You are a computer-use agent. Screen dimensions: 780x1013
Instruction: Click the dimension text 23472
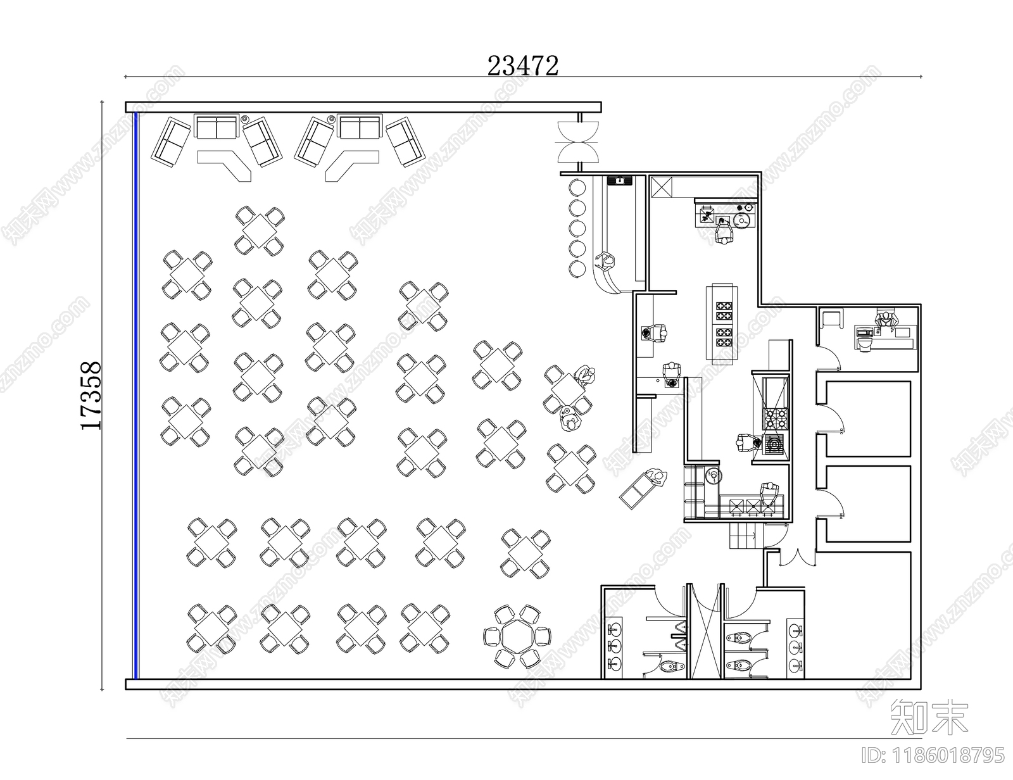(x=522, y=65)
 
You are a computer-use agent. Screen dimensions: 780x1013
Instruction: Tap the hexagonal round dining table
(x=517, y=636)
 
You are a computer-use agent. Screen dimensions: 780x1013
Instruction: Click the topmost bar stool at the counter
(x=577, y=188)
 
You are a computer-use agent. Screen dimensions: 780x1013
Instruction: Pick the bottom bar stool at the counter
(x=577, y=268)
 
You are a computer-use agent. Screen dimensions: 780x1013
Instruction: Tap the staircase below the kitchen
(x=745, y=538)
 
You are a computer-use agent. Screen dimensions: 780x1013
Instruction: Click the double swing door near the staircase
(x=797, y=557)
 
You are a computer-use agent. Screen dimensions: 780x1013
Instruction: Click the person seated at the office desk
(x=885, y=320)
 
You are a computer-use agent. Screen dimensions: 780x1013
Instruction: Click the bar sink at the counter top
(x=619, y=180)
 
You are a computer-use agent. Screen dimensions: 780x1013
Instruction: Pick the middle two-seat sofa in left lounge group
(x=217, y=127)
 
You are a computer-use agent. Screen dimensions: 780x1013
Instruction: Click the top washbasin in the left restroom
(x=614, y=629)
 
